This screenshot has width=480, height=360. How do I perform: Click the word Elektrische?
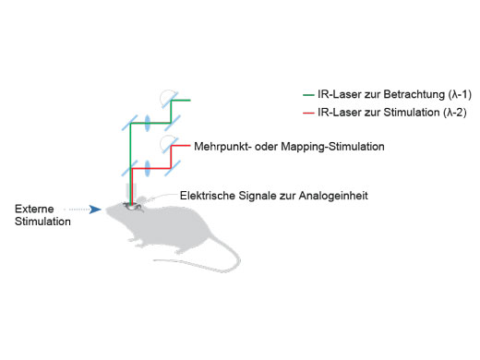(x=209, y=195)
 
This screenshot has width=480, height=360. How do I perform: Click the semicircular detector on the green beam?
(x=166, y=98)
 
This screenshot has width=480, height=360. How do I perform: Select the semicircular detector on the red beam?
(x=166, y=144)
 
